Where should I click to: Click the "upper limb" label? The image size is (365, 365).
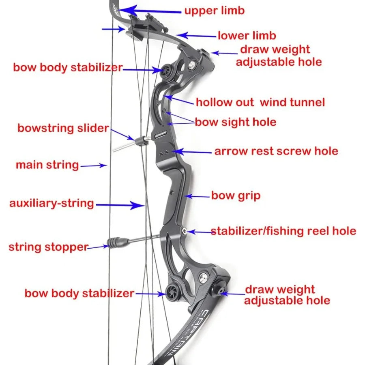click(215, 10)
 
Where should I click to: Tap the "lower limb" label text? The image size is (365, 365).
click(247, 36)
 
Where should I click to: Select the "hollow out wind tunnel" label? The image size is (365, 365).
click(260, 102)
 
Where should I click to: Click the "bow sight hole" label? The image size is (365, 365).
click(236, 122)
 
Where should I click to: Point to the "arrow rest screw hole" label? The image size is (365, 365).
click(276, 151)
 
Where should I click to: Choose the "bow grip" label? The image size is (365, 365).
click(236, 196)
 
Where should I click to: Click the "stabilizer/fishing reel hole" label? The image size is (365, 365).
click(283, 231)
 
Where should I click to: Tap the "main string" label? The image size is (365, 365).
click(47, 165)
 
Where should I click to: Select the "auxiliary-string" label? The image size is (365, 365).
click(52, 203)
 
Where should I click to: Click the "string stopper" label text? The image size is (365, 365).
click(48, 247)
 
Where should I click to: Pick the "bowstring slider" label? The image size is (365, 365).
click(63, 129)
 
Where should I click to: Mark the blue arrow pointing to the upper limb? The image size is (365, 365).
click(150, 10)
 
